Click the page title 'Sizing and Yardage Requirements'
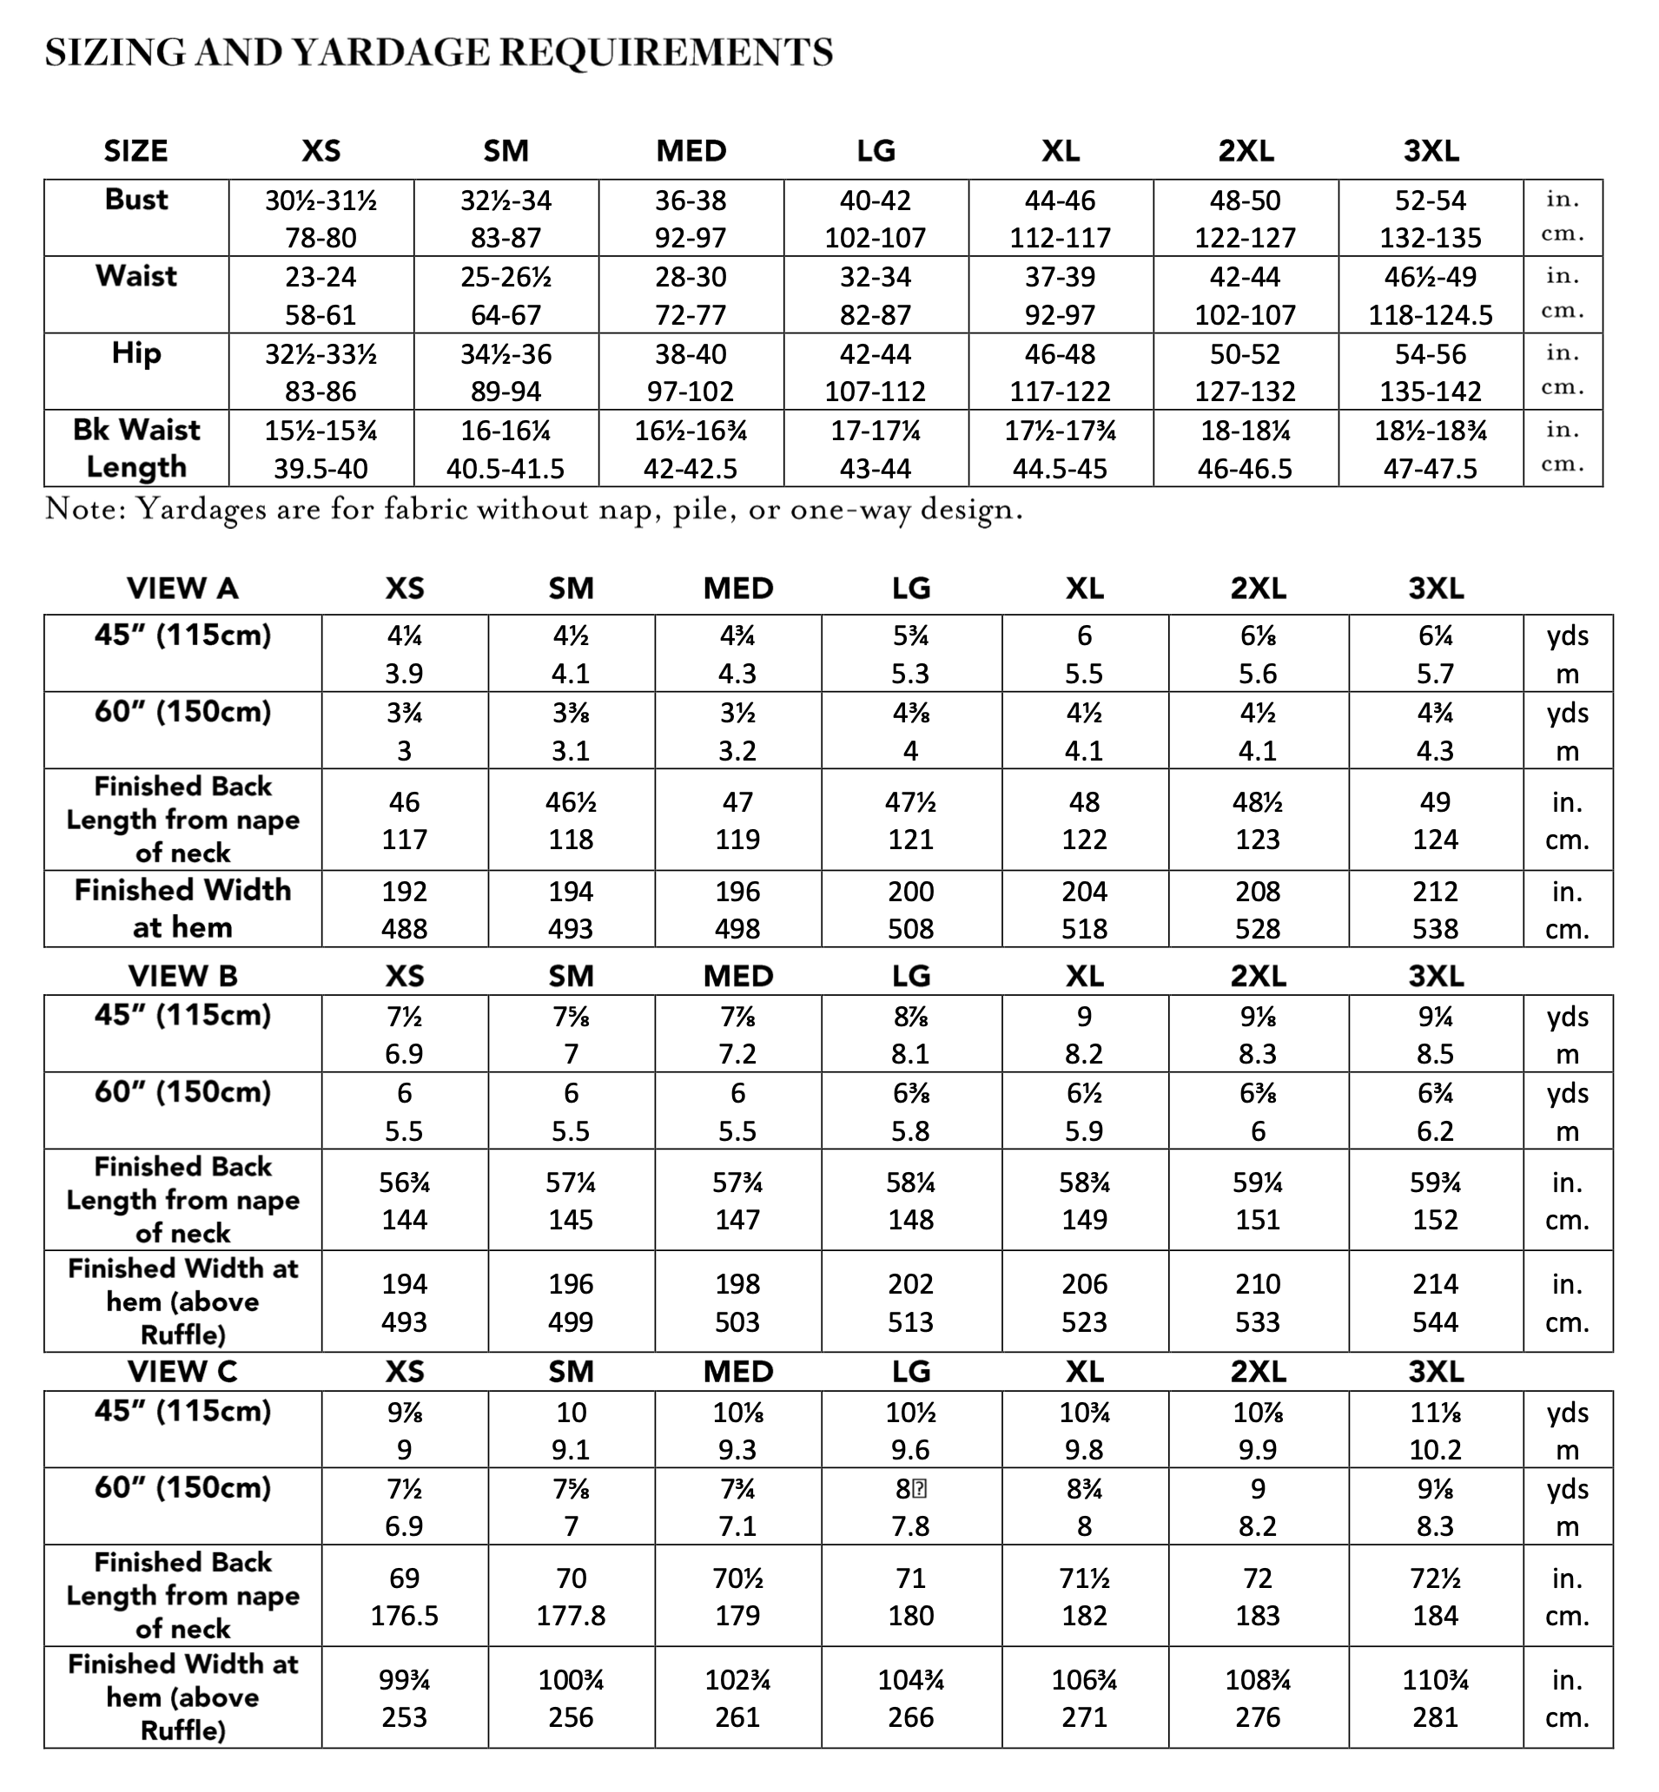click(439, 53)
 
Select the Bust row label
click(136, 199)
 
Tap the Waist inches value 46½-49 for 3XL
click(1430, 277)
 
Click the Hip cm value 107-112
click(876, 392)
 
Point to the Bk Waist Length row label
click(136, 449)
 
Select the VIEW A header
click(182, 589)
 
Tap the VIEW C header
click(182, 1372)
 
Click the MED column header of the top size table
click(691, 151)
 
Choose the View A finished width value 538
click(1435, 929)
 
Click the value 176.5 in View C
click(404, 1616)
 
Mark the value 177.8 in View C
click(571, 1616)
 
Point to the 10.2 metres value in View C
click(1435, 1450)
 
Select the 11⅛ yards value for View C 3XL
click(1435, 1413)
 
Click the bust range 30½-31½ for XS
click(321, 201)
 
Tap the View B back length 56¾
click(404, 1183)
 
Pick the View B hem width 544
click(1435, 1321)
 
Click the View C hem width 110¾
click(1435, 1679)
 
